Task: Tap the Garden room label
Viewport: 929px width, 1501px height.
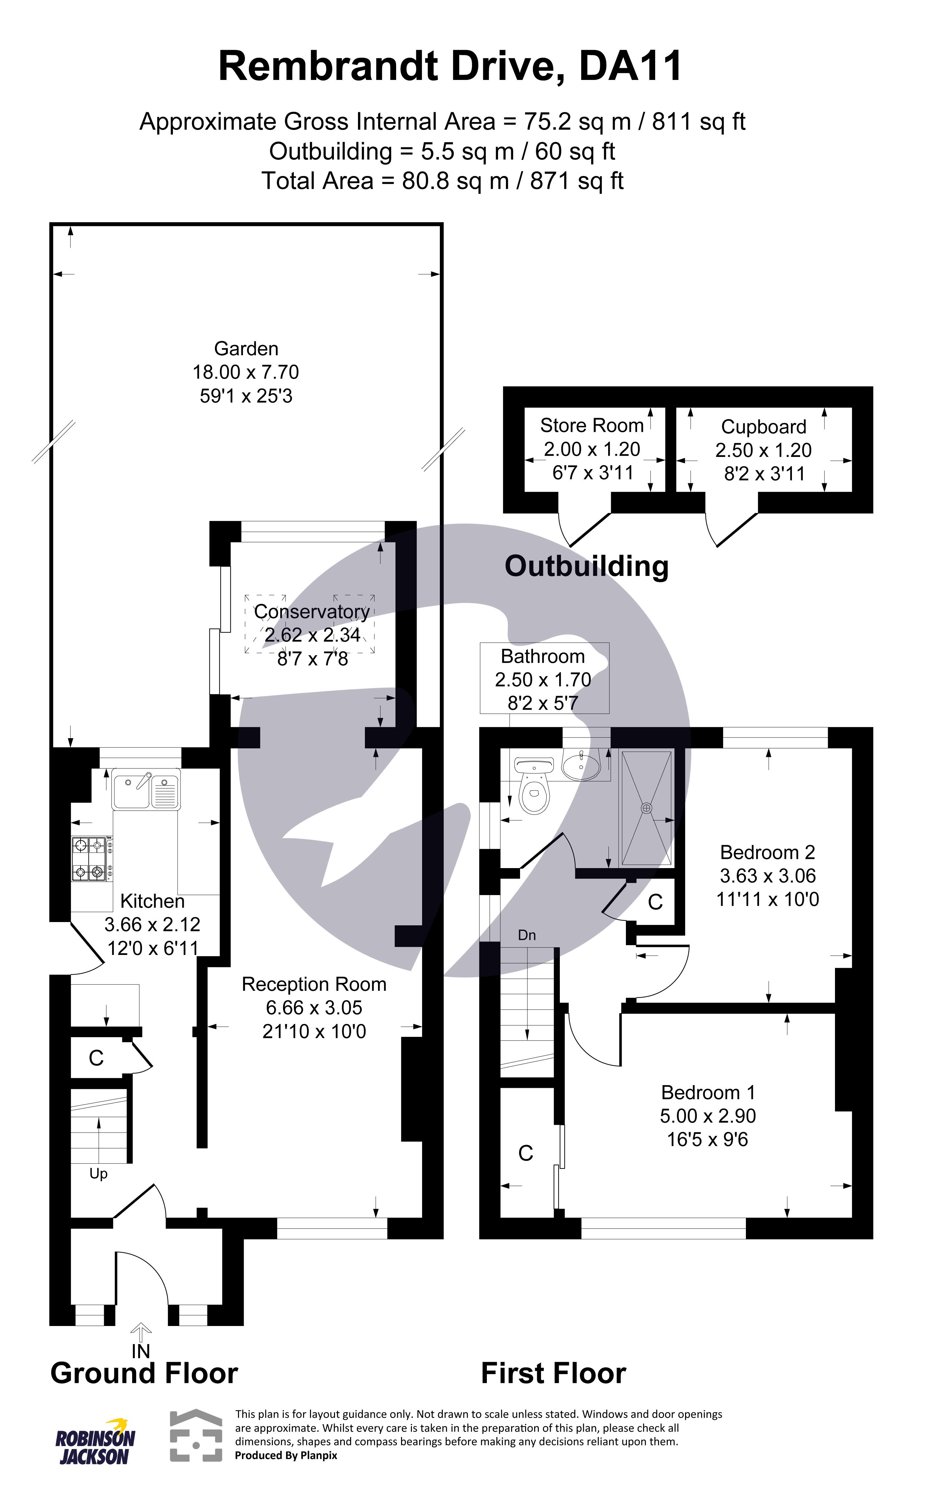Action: pos(246,348)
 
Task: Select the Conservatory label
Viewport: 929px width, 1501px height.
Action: pos(312,612)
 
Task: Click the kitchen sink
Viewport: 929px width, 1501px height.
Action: pos(146,789)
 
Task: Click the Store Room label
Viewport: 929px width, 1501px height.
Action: pos(592,425)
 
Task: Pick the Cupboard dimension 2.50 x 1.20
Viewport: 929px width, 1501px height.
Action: pos(763,450)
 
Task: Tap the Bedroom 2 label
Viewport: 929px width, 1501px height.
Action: pos(767,853)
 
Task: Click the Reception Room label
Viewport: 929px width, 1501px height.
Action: pos(314,984)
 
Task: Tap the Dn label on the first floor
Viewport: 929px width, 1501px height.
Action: pos(527,935)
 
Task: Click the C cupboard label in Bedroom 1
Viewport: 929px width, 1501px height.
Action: pos(525,1153)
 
